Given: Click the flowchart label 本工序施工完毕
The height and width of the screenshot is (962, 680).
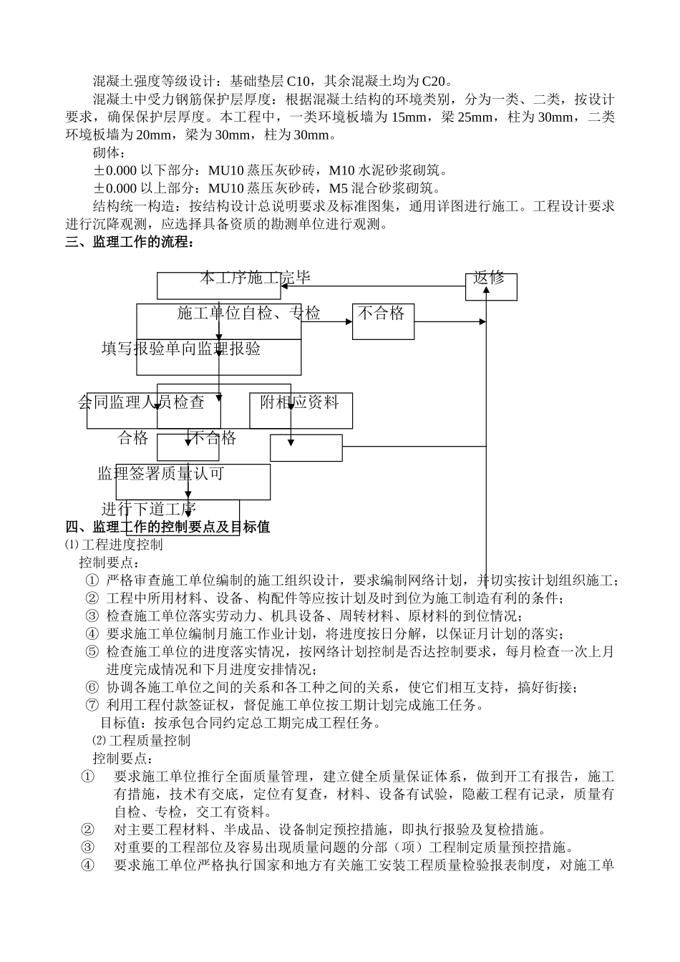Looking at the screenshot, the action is [255, 278].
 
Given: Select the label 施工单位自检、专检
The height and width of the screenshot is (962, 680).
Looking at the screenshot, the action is [248, 313].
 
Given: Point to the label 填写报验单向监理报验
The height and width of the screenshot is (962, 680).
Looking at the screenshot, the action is [181, 349].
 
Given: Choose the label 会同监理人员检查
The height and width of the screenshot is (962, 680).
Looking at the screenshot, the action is [141, 402].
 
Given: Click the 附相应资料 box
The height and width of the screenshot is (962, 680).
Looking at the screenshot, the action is [299, 402].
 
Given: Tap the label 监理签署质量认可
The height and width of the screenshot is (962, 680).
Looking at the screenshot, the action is [161, 474].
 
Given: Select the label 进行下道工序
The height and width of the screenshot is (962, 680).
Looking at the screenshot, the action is [148, 510].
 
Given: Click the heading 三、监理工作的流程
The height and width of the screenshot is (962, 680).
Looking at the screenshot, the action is [130, 242].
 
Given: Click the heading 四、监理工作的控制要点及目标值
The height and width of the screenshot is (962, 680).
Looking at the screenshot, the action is [167, 528].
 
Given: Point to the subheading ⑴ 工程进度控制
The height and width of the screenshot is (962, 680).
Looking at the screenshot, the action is [114, 545].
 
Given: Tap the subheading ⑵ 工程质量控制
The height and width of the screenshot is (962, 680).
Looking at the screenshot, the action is [141, 740].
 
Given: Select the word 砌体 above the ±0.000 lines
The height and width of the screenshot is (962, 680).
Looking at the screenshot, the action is [107, 152].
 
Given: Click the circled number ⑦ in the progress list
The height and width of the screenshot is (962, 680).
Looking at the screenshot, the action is [92, 705].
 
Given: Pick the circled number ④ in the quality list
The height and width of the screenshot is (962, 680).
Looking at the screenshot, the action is [87, 865].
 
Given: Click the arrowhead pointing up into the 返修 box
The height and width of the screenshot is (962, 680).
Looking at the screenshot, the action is [486, 293].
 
